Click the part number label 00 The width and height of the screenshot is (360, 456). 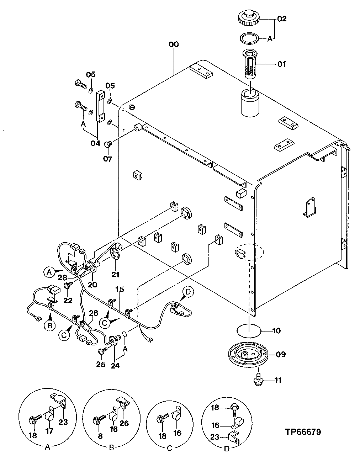point(174,44)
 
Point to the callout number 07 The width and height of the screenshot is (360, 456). point(108,159)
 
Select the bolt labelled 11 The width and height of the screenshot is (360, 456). point(259,380)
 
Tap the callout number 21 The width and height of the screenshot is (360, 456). point(116,274)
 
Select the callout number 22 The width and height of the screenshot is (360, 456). point(68,300)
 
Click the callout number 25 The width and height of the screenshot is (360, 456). point(101,364)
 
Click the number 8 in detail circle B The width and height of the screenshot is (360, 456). point(100,436)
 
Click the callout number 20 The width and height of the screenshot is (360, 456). point(92,284)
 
